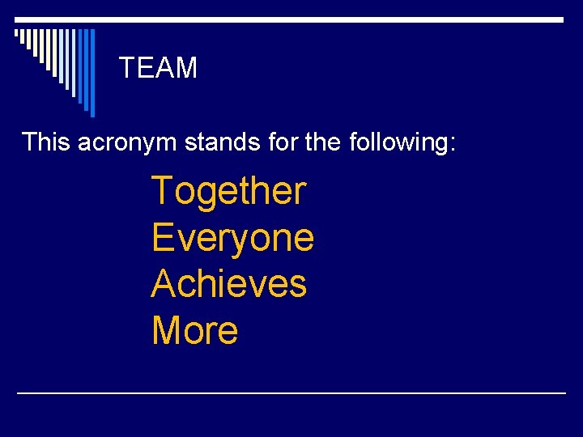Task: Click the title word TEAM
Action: [158, 68]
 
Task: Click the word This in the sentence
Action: [45, 142]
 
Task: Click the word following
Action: [398, 143]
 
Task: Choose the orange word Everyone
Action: [232, 239]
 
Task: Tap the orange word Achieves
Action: [229, 284]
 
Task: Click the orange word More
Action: [194, 330]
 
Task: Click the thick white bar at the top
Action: [291, 19]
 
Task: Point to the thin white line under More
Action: [291, 392]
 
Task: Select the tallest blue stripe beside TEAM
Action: [91, 73]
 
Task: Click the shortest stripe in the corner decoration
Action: [17, 34]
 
